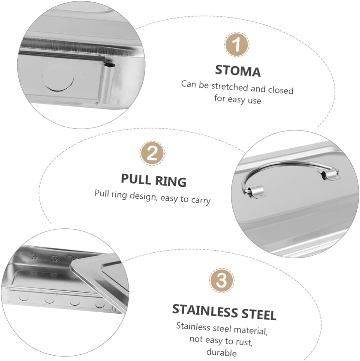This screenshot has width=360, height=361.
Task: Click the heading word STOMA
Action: point(237,71)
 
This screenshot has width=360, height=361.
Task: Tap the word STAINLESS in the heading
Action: point(205,311)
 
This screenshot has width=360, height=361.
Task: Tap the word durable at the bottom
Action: point(222,352)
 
